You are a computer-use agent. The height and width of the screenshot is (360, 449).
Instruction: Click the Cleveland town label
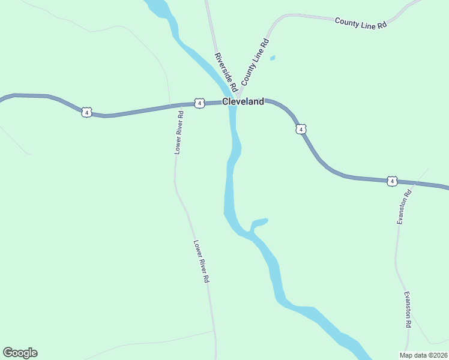click(243, 102)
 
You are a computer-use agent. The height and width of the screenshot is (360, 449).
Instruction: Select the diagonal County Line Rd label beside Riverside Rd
click(255, 62)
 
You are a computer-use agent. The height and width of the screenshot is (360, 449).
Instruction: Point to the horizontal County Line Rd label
click(360, 23)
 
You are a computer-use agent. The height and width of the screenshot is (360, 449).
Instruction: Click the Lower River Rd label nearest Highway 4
click(179, 132)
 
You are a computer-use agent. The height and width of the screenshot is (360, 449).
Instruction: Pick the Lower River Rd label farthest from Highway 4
click(201, 262)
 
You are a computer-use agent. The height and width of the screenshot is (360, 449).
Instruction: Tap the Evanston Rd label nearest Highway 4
click(403, 207)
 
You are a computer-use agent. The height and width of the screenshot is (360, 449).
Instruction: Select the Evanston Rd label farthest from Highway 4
click(408, 309)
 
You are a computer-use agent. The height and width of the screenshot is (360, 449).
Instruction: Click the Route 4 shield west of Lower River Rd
click(87, 112)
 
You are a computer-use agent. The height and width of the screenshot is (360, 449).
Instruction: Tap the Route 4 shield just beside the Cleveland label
click(199, 103)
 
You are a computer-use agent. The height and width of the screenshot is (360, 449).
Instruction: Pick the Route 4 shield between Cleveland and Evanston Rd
click(301, 129)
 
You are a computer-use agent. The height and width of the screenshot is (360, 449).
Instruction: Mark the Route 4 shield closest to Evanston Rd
click(392, 181)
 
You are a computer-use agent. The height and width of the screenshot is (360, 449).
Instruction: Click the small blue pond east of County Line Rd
click(273, 58)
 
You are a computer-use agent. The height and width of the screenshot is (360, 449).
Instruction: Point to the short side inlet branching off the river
click(259, 222)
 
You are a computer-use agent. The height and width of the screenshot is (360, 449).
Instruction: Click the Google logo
click(20, 353)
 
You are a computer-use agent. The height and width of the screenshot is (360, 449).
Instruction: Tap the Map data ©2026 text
click(423, 355)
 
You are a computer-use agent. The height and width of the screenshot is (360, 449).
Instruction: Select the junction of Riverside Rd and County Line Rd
click(238, 96)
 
